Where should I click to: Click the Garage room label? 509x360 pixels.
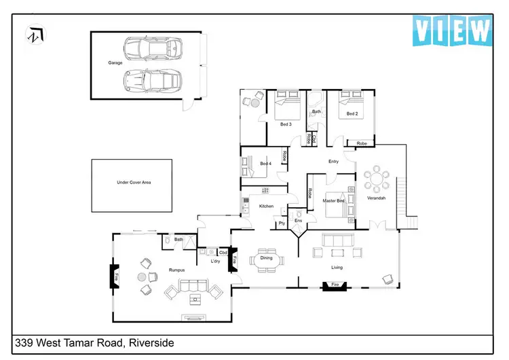tap(115, 63)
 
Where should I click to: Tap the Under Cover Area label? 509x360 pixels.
tap(132, 183)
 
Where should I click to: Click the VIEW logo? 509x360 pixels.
tap(452, 31)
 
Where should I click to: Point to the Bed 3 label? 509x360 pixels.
tap(286, 124)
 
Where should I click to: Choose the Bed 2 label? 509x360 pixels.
tap(352, 113)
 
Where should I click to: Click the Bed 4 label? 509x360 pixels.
tap(265, 164)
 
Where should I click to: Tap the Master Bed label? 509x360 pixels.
tap(334, 201)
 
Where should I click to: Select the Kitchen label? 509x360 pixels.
tap(266, 206)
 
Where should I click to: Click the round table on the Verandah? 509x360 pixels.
tap(376, 181)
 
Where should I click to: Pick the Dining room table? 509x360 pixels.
tap(266, 258)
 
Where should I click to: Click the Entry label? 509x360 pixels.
tap(333, 162)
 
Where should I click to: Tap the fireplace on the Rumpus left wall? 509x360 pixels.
tap(115, 277)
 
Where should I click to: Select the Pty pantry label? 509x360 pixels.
tap(281, 222)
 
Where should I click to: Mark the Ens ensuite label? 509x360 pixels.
tap(299, 221)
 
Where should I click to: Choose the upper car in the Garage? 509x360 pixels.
tap(153, 49)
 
